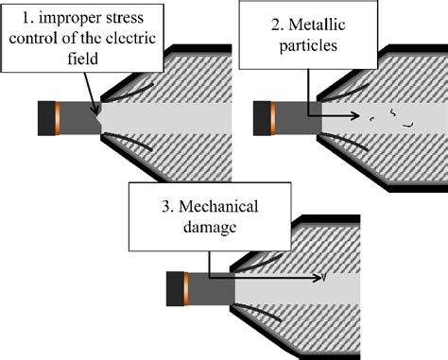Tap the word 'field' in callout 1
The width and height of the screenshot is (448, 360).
click(x=82, y=59)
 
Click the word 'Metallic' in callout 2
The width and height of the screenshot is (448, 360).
click(x=317, y=25)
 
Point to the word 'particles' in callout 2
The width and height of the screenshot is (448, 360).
click(x=308, y=46)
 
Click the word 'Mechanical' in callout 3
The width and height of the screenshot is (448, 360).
click(x=218, y=207)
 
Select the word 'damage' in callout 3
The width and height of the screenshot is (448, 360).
click(x=210, y=228)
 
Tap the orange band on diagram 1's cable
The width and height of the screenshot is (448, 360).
click(x=58, y=118)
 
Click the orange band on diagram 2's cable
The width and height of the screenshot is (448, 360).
click(x=273, y=118)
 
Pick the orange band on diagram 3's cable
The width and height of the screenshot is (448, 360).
click(x=186, y=289)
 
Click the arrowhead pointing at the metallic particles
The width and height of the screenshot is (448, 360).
click(x=356, y=116)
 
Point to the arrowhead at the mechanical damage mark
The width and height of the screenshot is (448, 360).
click(x=318, y=278)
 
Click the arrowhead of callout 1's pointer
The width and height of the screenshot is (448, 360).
click(x=95, y=110)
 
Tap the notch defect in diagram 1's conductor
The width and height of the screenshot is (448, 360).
click(x=98, y=119)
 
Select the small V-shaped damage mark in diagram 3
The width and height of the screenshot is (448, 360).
click(x=323, y=278)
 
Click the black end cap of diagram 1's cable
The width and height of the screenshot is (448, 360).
click(x=46, y=118)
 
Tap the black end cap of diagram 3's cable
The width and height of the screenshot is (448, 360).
click(x=175, y=289)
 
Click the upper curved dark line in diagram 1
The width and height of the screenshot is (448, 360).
click(x=129, y=94)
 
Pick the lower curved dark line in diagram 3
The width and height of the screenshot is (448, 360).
click(x=258, y=312)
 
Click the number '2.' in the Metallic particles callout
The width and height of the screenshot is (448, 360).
click(x=278, y=25)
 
